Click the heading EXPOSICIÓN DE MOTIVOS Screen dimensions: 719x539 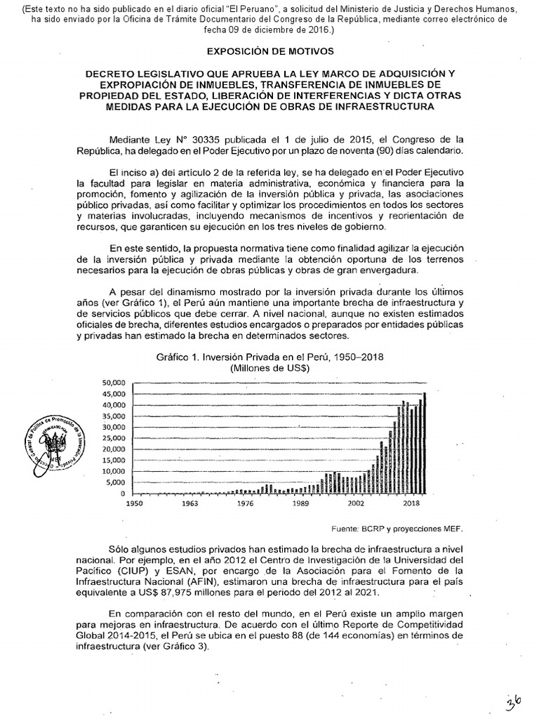pyautogui.click(x=269, y=52)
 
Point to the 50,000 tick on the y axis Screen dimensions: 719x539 pyautogui.click(x=112, y=383)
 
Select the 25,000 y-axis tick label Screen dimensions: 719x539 pyautogui.click(x=112, y=438)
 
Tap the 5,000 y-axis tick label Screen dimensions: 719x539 pyautogui.click(x=115, y=483)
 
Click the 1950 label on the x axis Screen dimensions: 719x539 pyautogui.click(x=134, y=504)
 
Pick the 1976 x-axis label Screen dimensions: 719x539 pyautogui.click(x=245, y=504)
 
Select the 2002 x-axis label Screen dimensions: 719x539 pyautogui.click(x=356, y=504)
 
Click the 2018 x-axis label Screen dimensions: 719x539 pyautogui.click(x=411, y=504)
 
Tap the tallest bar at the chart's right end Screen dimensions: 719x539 pyautogui.click(x=424, y=443)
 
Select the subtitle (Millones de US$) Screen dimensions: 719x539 pyautogui.click(x=269, y=367)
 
